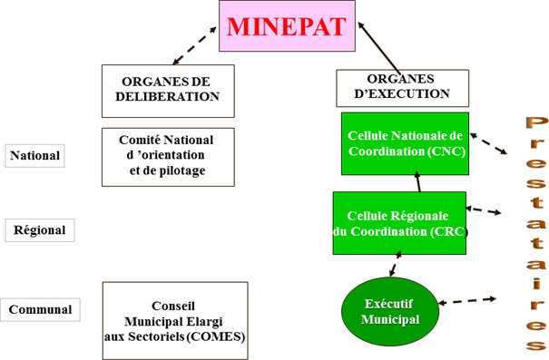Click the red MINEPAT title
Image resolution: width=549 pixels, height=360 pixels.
point(287,26)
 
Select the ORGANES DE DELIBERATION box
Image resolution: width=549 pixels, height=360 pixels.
point(168,91)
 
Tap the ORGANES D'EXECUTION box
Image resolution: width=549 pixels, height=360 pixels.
point(403,88)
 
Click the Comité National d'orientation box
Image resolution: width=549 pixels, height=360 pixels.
point(168,157)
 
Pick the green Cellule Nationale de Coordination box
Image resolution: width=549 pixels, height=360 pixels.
point(405,143)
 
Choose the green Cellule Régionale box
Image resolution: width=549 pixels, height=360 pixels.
point(399,223)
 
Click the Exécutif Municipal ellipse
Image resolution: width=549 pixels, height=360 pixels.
point(390,311)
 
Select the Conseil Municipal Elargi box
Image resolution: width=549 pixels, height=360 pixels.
point(175,321)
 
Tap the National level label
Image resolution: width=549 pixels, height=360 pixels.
point(34,156)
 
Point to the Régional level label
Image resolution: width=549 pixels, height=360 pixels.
point(40,230)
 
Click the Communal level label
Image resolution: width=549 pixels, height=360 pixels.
point(40,309)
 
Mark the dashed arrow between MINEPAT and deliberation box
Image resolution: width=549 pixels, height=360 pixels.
point(195,45)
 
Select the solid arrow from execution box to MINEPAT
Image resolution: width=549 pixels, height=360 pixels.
point(378,48)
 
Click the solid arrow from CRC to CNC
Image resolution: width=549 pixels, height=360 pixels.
point(418,181)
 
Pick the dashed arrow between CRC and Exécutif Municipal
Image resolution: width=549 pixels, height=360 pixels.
point(396,264)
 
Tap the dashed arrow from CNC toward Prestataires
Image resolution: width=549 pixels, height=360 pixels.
point(488,143)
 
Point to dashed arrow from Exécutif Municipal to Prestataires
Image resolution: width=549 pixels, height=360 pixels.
point(467,301)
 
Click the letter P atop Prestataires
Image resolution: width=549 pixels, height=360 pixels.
point(536,124)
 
